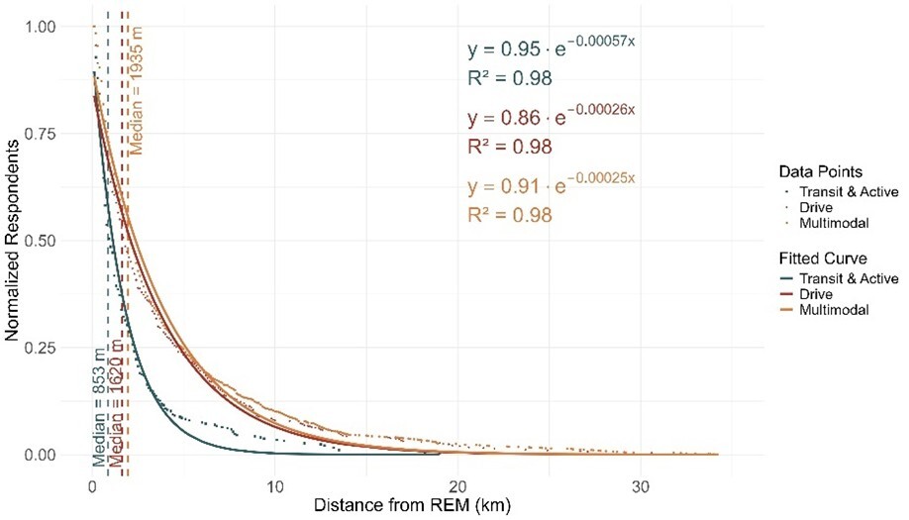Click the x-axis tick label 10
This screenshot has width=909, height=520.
tap(275, 486)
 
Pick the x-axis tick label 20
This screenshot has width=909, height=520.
tap(457, 486)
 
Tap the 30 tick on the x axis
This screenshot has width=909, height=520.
tap(641, 486)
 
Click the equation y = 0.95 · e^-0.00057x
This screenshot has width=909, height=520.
tap(551, 50)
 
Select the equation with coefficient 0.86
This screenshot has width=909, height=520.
tap(551, 118)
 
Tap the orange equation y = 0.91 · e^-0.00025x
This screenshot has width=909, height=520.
tap(551, 185)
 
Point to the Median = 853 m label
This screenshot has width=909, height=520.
tap(98, 407)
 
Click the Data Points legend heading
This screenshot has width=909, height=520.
tap(802, 170)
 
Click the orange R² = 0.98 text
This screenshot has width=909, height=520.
tap(509, 214)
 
